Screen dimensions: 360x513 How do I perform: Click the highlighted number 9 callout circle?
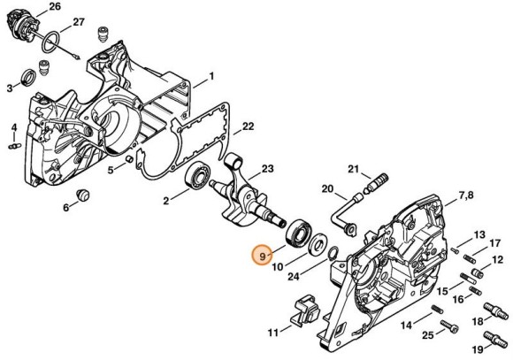[262, 256]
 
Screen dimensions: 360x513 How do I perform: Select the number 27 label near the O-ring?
[77, 22]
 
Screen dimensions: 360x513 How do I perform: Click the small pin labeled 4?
[14, 146]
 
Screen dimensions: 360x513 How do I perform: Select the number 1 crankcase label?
[211, 77]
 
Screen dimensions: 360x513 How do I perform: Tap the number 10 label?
[276, 266]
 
